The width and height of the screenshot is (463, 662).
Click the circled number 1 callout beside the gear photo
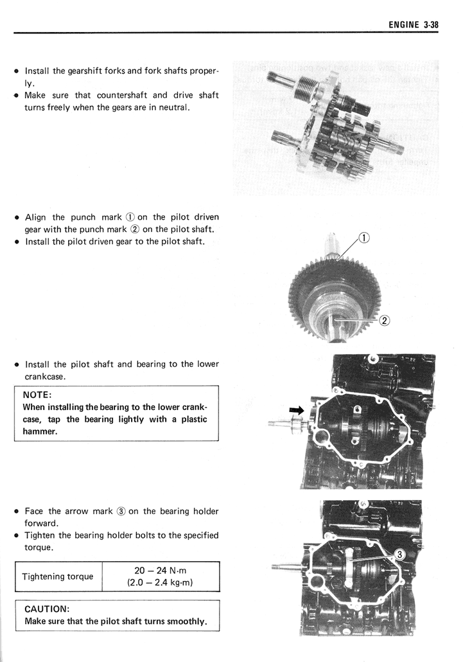(x=363, y=238)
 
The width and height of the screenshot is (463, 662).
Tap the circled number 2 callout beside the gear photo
(x=385, y=321)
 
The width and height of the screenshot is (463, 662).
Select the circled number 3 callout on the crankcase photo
(x=399, y=555)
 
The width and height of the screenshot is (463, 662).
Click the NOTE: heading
(x=37, y=395)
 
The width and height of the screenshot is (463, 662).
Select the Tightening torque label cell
(x=58, y=576)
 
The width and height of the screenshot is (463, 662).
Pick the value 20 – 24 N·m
(x=161, y=570)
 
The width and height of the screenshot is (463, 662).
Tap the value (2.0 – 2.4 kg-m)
(x=161, y=583)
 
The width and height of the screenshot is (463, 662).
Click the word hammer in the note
(x=40, y=431)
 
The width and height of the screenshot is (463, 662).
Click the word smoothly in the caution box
(x=188, y=622)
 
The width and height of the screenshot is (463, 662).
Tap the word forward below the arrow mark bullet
(x=41, y=523)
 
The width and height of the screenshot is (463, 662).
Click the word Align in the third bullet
(x=35, y=217)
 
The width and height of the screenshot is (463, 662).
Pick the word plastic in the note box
(x=190, y=419)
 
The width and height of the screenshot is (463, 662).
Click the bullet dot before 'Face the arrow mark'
(x=15, y=512)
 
